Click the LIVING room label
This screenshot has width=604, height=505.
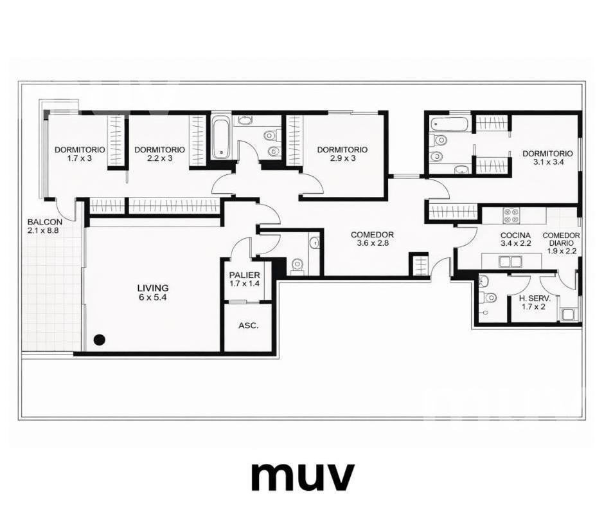click(153, 293)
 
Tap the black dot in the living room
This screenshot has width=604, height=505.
click(100, 340)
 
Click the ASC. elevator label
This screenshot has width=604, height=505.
click(249, 326)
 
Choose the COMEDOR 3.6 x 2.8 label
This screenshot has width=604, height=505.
click(372, 239)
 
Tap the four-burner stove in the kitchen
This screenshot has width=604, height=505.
click(511, 216)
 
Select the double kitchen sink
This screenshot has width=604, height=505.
click(510, 262)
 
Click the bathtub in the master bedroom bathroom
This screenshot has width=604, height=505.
click(449, 124)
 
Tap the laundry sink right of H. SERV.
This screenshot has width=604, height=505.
click(569, 315)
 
